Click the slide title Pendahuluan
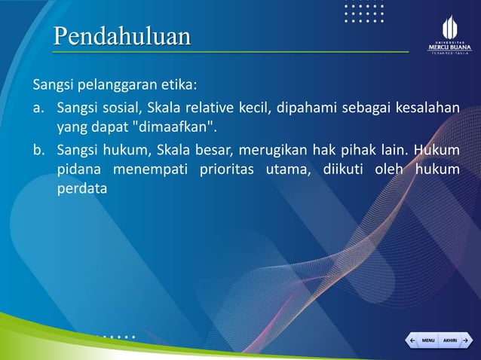tap(121, 36)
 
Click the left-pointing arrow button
tap(412, 340)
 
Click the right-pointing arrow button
tap(465, 340)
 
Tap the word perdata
tap(82, 189)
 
